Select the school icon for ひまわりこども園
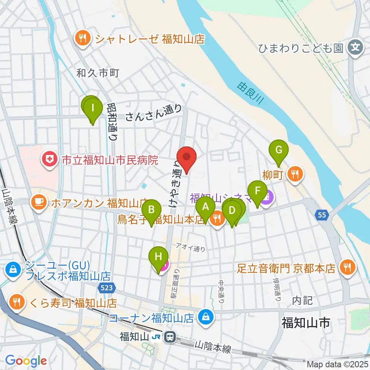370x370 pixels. (x=354, y=48)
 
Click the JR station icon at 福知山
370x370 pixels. (x=169, y=337)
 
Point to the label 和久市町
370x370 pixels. (x=98, y=72)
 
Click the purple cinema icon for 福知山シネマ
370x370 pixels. (x=266, y=198)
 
